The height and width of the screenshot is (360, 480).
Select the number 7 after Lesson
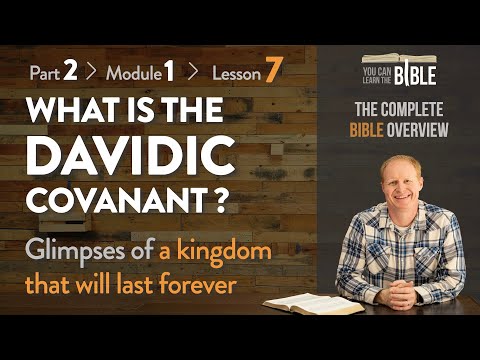click(x=272, y=72)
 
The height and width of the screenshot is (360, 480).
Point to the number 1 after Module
click(x=170, y=72)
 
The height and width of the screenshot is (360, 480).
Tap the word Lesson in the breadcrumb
click(x=231, y=73)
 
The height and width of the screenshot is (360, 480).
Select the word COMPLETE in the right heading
click(x=410, y=111)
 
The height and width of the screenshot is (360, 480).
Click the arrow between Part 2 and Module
click(x=93, y=73)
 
